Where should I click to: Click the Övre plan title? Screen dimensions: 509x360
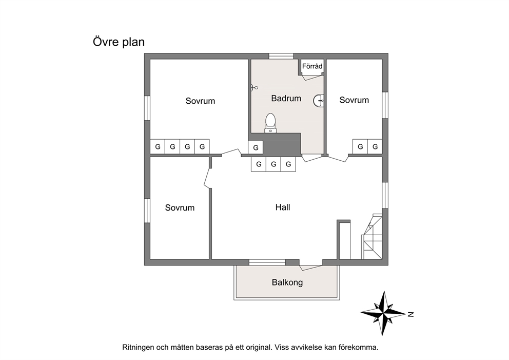119,42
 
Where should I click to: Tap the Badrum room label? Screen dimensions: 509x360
286,99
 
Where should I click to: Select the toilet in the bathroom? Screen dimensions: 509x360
270,123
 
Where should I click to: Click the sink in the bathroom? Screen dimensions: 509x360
319,101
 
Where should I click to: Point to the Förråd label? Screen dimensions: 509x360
312,66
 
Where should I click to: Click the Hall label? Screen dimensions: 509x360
283,207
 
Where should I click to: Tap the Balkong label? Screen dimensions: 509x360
287,282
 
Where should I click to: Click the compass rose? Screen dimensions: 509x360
383,313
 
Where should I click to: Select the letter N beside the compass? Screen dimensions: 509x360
410,314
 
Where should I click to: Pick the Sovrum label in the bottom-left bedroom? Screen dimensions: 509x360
180,207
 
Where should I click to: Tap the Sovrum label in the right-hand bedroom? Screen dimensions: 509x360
354,100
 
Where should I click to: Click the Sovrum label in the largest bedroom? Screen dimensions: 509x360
200,101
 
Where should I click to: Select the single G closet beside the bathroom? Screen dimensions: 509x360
256,147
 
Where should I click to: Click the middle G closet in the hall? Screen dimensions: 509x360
273,164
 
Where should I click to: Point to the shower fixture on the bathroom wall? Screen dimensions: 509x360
254,87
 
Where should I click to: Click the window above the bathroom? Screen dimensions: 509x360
281,56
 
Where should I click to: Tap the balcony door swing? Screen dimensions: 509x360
310,268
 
